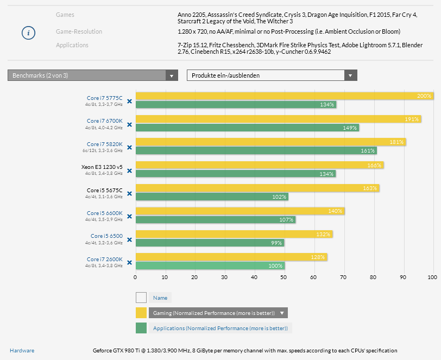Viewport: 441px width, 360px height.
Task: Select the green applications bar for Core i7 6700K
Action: coord(247,128)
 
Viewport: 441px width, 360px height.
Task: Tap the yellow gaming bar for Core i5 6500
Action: coord(234,235)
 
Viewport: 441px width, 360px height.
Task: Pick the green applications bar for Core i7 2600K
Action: coord(210,266)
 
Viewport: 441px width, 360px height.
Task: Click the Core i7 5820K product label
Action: coord(105,144)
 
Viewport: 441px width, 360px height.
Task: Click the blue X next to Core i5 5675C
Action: coord(129,194)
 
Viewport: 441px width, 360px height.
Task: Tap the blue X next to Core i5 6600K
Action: coord(129,217)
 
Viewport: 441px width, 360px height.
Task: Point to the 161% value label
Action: coord(368,150)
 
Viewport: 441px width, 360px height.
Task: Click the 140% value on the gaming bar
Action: coord(335,211)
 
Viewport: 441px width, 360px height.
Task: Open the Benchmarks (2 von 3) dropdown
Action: coord(93,75)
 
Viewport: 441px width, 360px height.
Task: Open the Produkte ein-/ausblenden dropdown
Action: coord(272,75)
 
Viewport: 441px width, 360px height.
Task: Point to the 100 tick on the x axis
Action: coord(432,277)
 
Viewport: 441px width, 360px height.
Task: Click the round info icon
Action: coord(29,33)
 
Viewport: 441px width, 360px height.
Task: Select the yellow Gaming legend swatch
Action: coord(141,313)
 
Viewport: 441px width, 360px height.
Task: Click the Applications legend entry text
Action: coord(220,328)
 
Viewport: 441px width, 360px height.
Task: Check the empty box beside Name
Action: coord(141,298)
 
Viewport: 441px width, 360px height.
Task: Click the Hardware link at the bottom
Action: coord(22,350)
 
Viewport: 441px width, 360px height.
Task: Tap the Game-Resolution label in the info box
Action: coord(79,31)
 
